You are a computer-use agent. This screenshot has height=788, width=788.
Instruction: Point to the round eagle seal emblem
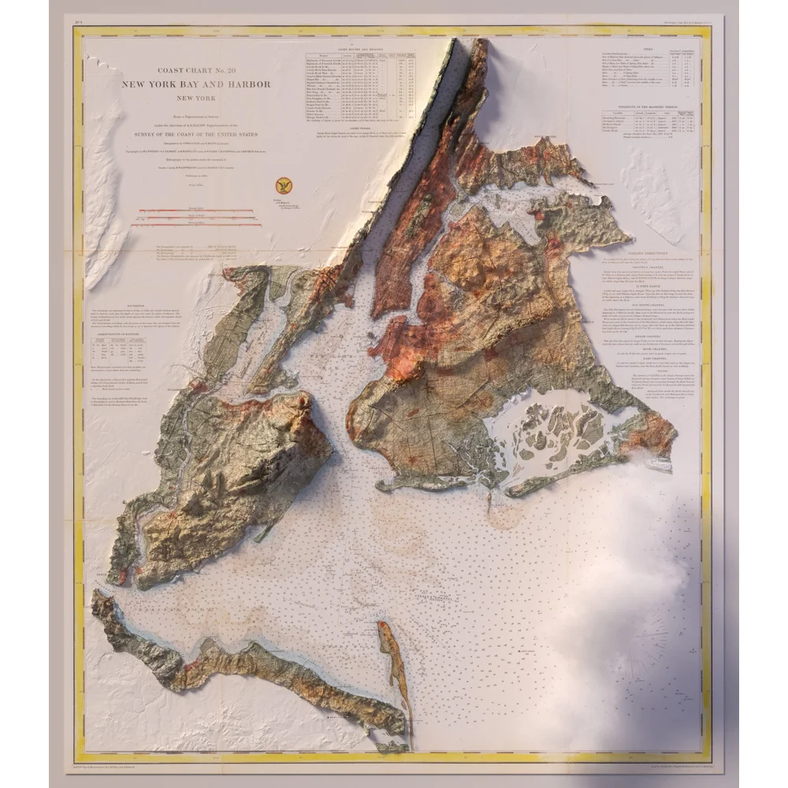[x=282, y=186]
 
